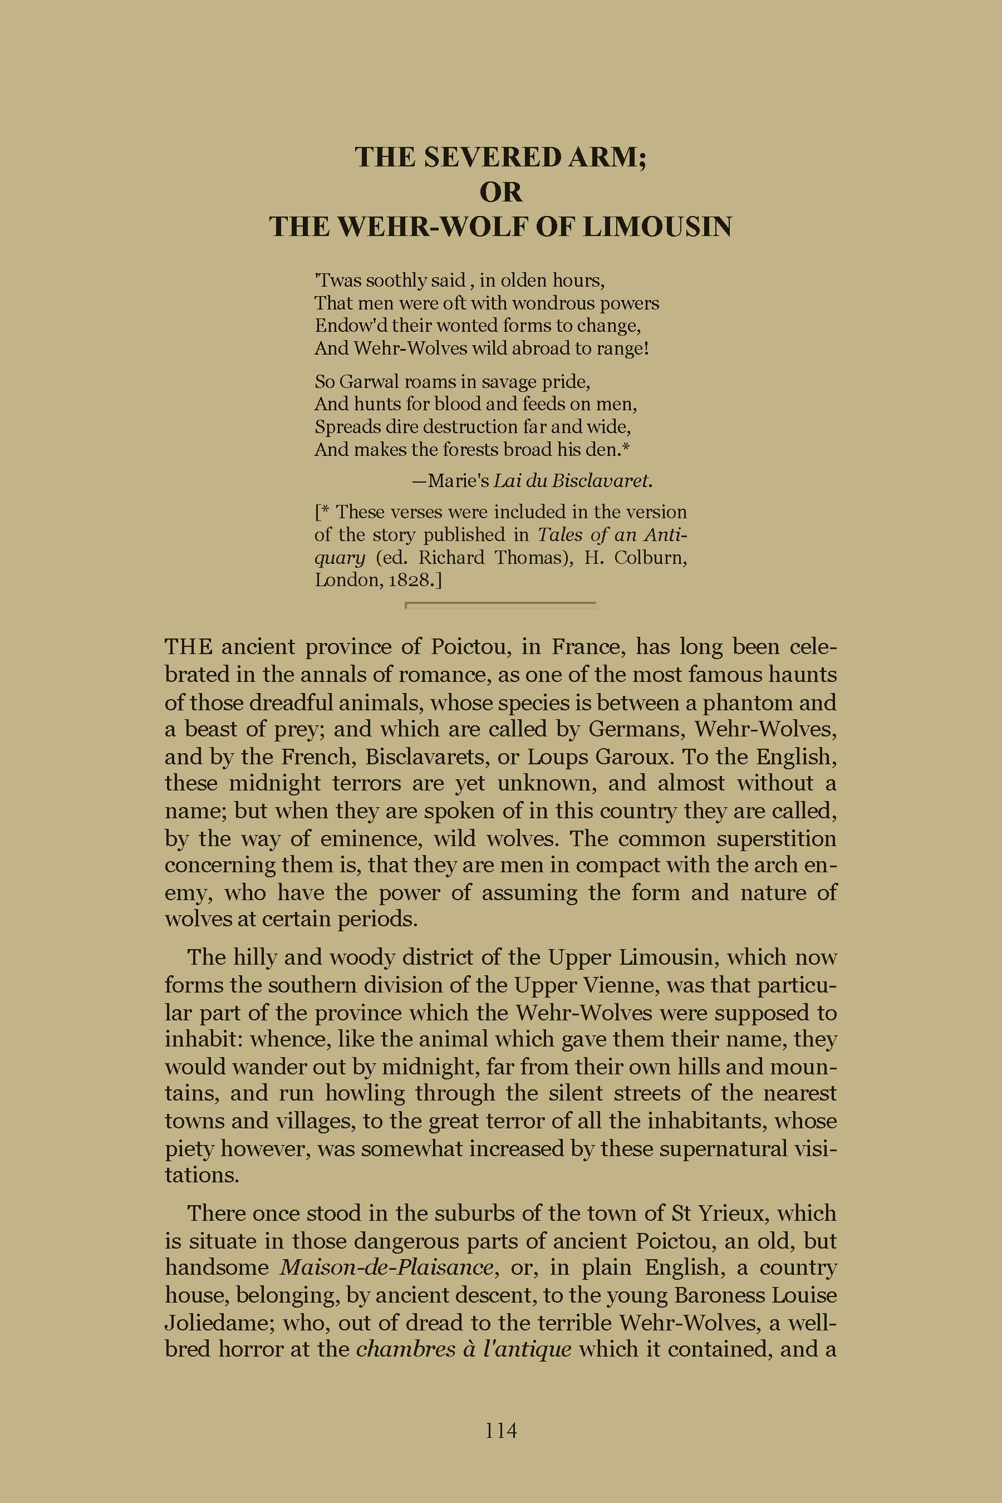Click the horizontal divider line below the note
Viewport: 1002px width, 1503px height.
tap(501, 603)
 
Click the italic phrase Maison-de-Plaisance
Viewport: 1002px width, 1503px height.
tap(387, 1267)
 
